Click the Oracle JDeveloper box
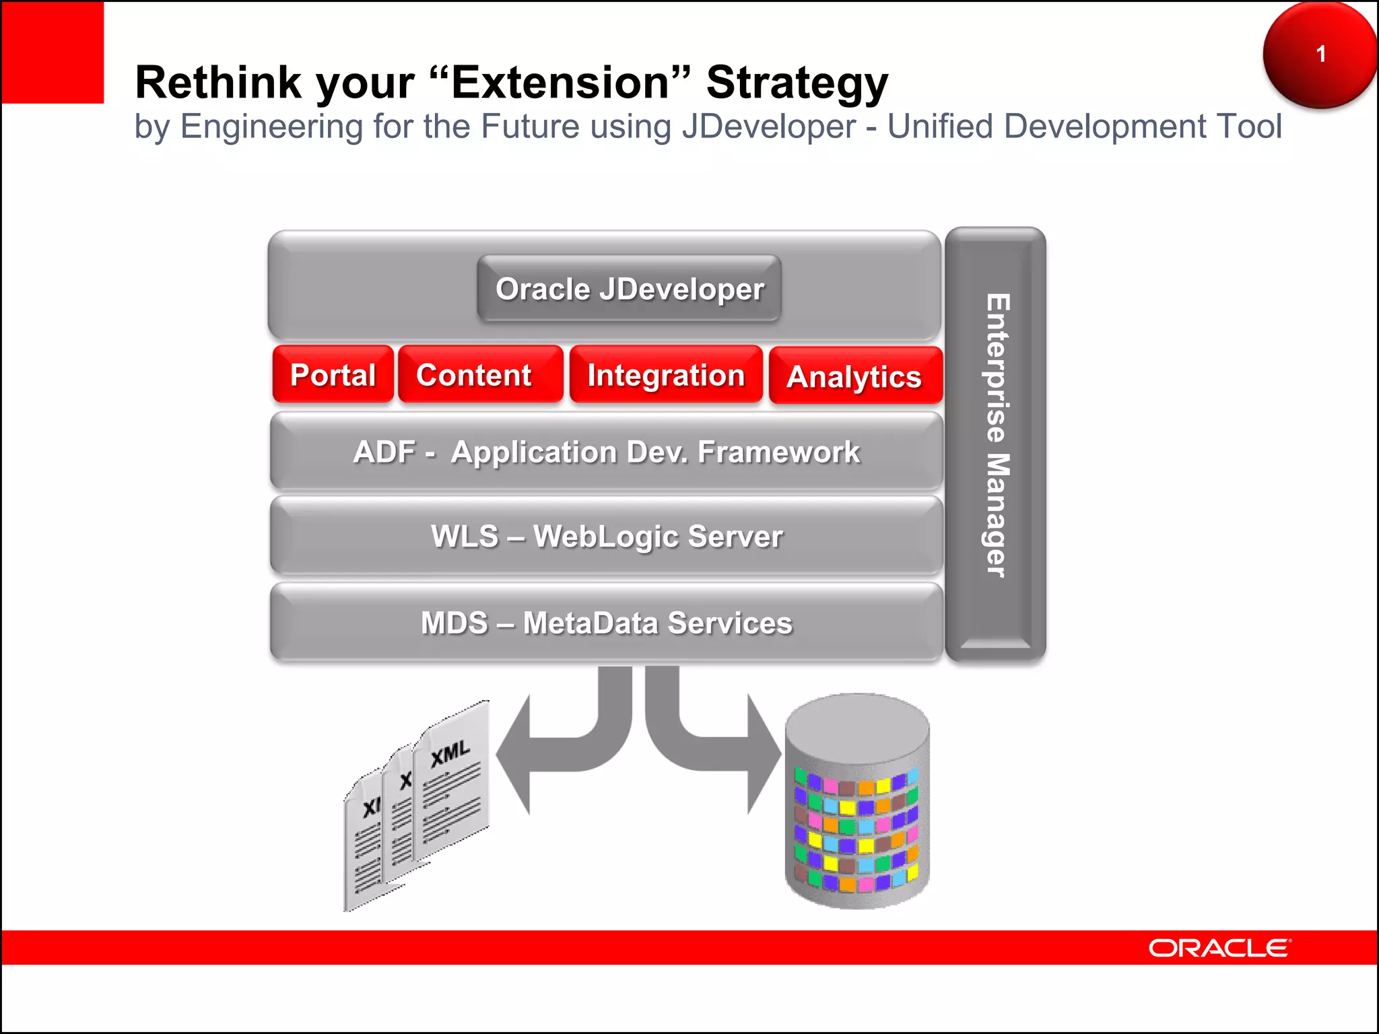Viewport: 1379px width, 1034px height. (629, 289)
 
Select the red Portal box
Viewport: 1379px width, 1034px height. (333, 375)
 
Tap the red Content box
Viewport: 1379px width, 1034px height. (480, 375)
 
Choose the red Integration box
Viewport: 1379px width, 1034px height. (666, 375)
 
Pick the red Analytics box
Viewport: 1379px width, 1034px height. (855, 376)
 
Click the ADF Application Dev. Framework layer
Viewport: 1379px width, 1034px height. (606, 452)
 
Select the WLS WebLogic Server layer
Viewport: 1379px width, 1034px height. (606, 537)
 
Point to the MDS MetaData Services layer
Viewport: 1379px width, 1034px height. (606, 623)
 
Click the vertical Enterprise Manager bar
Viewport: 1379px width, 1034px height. (995, 444)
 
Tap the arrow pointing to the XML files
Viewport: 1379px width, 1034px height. (539, 754)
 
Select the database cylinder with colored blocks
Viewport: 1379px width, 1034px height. (856, 801)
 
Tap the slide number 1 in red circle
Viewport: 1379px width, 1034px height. (1320, 54)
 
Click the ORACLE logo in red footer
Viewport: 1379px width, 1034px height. (1219, 948)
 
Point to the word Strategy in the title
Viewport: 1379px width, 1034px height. (797, 83)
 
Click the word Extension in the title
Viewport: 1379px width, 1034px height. (560, 82)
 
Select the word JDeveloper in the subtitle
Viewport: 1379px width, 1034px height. (768, 127)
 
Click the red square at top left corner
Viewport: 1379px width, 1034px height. (53, 53)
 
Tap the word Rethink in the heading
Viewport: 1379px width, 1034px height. (218, 83)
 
